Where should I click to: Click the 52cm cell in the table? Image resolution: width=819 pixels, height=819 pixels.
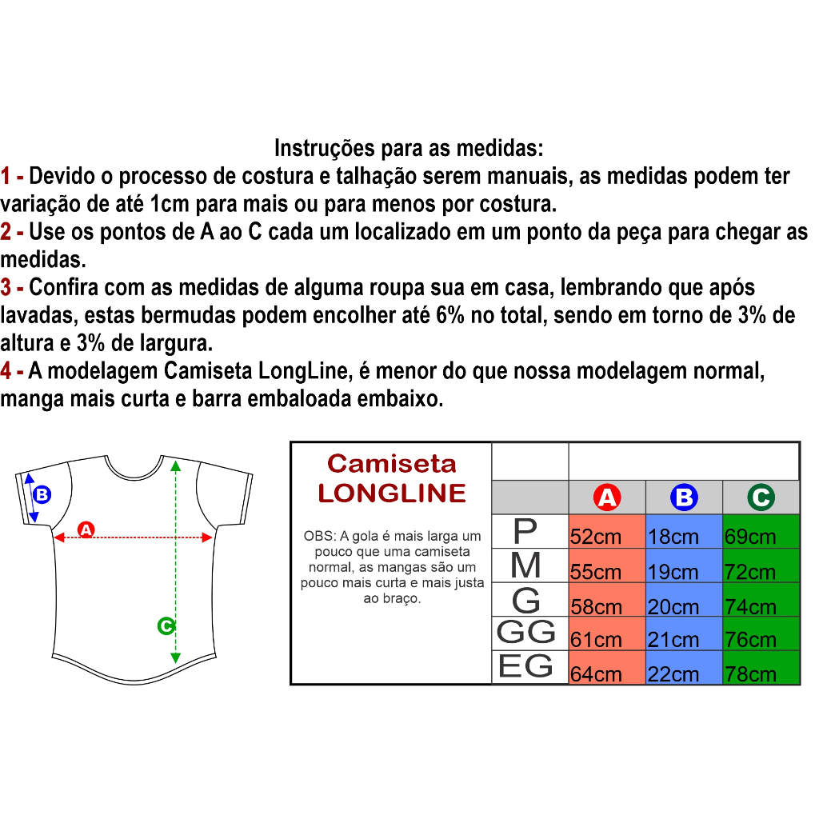coord(607,531)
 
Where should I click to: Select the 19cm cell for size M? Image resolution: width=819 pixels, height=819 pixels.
coord(684,565)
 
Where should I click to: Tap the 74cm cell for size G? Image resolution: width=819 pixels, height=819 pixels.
coord(761,600)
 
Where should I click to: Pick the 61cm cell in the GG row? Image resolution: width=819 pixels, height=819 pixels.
coord(607,633)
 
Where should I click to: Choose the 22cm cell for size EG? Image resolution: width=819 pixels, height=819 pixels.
coord(684,667)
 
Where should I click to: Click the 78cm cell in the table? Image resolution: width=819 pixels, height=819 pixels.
coord(761,667)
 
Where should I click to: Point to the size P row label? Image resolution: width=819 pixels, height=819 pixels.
coord(525,531)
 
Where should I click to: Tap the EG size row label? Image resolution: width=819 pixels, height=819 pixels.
coord(525,666)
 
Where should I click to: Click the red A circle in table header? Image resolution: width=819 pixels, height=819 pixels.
coord(607,497)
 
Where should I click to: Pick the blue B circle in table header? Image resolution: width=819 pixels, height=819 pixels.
coord(685,497)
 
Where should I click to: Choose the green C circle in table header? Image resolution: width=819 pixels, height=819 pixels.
coord(761,497)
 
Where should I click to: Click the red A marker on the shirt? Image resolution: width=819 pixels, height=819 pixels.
coord(86,529)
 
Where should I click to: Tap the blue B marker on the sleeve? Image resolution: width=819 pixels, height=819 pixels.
coord(42,494)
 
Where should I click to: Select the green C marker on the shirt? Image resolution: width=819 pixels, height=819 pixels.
coord(166,625)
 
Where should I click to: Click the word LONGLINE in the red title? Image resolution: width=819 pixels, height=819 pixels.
coord(392,493)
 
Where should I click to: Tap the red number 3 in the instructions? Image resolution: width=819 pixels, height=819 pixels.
coord(6,287)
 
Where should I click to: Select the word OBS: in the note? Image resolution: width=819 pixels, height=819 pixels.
coord(320,536)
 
